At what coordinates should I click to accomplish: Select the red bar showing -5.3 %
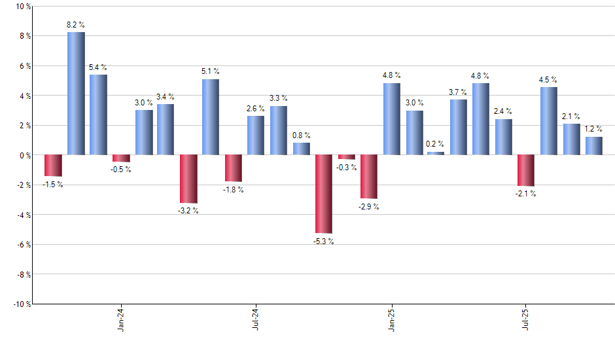click(x=324, y=194)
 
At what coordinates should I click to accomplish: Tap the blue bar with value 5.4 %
click(x=98, y=115)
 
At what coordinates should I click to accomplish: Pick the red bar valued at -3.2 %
click(x=188, y=179)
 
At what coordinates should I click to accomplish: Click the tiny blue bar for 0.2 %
click(x=436, y=153)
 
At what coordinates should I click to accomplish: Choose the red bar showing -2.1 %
click(x=526, y=170)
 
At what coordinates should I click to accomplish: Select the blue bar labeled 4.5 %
click(x=549, y=121)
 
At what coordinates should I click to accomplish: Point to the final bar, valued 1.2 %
click(x=594, y=146)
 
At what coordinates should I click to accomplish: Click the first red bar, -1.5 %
click(x=53, y=166)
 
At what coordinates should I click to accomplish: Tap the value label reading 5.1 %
click(x=211, y=71)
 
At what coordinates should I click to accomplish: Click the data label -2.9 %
click(x=369, y=207)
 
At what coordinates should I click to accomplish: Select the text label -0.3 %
click(x=347, y=168)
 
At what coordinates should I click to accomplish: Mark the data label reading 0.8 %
click(x=302, y=135)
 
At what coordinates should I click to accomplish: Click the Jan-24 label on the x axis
click(x=121, y=320)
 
